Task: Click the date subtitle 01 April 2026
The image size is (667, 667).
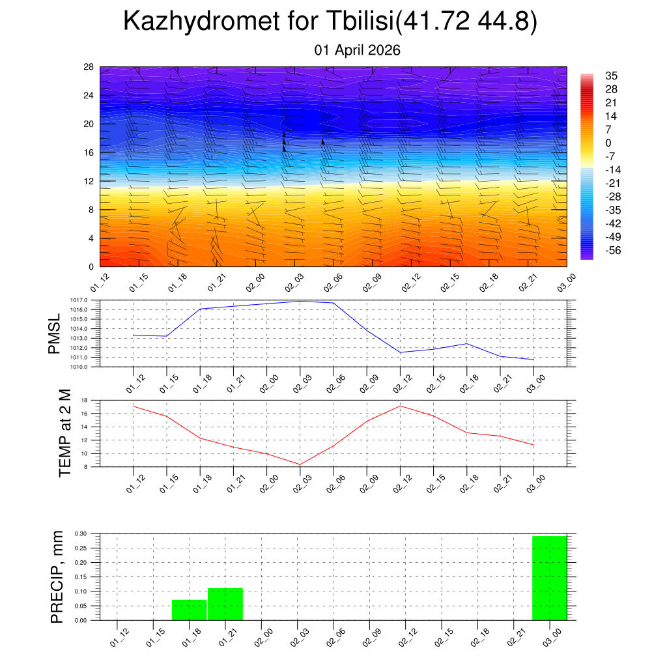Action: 357,50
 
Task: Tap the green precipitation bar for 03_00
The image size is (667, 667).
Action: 549,578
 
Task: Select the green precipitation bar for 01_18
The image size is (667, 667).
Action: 189,610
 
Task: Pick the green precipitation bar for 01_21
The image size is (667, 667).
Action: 225,604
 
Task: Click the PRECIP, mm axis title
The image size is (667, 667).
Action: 57,576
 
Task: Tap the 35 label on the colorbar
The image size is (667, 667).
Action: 611,76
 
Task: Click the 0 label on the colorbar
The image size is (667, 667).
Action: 608,143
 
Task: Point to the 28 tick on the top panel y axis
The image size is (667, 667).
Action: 89,67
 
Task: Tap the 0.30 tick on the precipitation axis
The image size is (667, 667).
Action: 81,533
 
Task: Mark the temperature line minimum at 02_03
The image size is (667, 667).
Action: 300,464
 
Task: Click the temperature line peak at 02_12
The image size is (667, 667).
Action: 400,406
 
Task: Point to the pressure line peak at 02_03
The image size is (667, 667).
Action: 300,301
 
